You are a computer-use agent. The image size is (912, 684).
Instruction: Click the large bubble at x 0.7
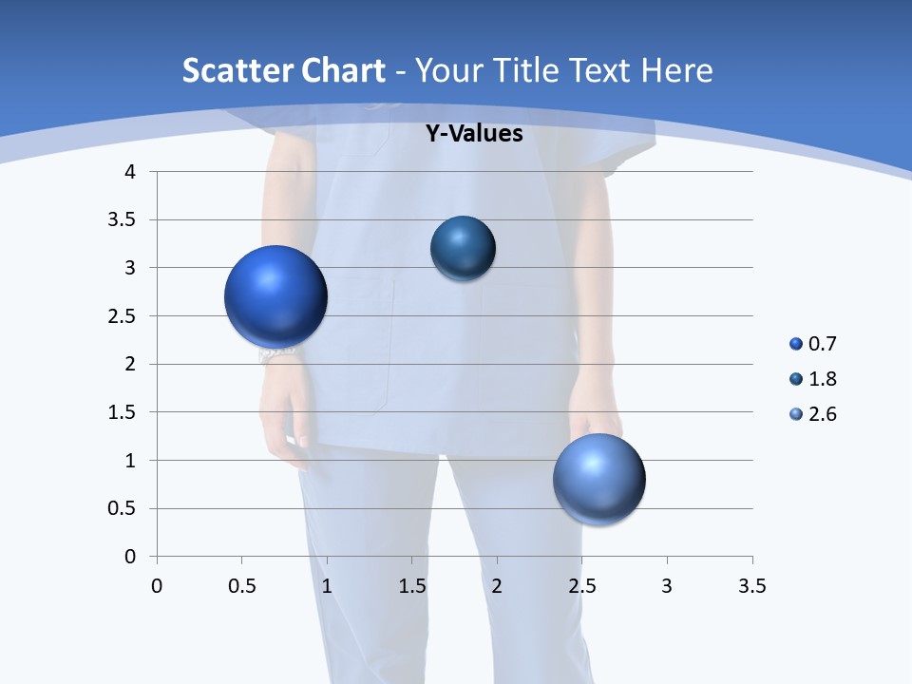tap(276, 296)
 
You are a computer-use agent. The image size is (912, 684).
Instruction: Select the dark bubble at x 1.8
tap(463, 249)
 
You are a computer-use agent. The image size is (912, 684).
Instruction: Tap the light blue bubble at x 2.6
tap(599, 479)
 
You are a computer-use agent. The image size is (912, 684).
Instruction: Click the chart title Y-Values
tap(473, 134)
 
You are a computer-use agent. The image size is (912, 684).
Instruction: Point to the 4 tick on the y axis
tap(130, 172)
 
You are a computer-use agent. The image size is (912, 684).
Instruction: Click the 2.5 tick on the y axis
tap(122, 316)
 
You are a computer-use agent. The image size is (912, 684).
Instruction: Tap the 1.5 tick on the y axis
tap(122, 412)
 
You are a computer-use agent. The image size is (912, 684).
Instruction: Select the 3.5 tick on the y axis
tap(122, 220)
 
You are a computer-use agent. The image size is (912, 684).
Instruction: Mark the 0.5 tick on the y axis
tap(122, 508)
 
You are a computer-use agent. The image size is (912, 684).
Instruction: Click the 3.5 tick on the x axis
tap(751, 586)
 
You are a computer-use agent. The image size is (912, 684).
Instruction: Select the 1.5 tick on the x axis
tap(411, 586)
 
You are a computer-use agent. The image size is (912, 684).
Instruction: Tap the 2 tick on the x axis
tap(497, 586)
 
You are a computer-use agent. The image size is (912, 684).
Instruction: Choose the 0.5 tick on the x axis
tap(241, 586)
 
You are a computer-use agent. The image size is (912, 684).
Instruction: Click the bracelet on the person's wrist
tap(276, 354)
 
